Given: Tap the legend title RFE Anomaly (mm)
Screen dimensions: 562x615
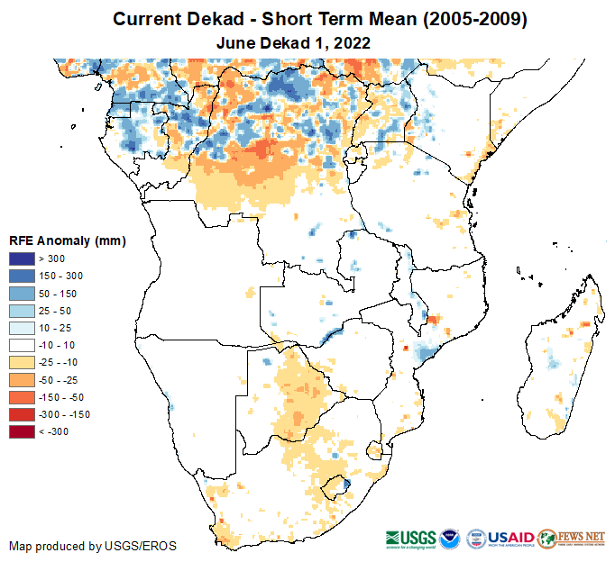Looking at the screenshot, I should [67, 240].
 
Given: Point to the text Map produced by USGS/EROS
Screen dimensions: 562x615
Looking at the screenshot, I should [93, 546].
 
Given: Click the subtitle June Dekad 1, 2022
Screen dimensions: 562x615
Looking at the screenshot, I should [294, 42].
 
